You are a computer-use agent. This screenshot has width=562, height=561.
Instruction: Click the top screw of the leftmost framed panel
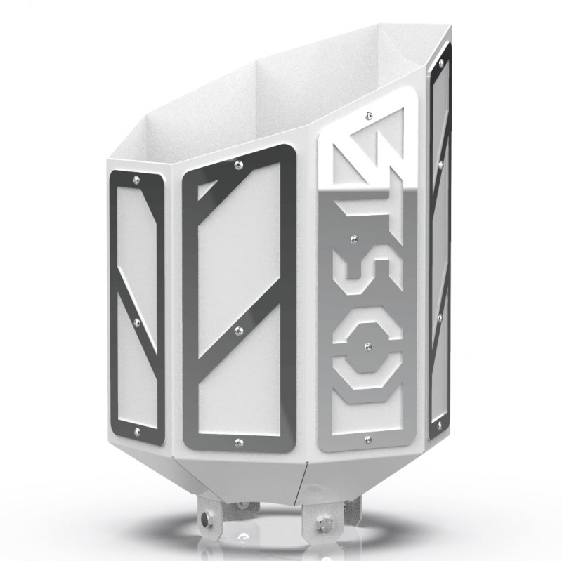tap(136, 180)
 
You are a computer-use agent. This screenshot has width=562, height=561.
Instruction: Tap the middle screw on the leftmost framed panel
tap(137, 322)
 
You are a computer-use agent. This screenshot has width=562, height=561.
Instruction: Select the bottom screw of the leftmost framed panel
tap(138, 430)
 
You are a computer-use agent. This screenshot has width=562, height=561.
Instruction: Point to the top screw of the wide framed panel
tap(239, 164)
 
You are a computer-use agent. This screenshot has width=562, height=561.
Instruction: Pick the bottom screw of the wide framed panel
tap(240, 442)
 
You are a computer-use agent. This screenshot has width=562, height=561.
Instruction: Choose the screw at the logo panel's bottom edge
tap(368, 440)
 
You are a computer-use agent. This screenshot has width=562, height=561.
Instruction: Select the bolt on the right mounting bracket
tap(325, 522)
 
